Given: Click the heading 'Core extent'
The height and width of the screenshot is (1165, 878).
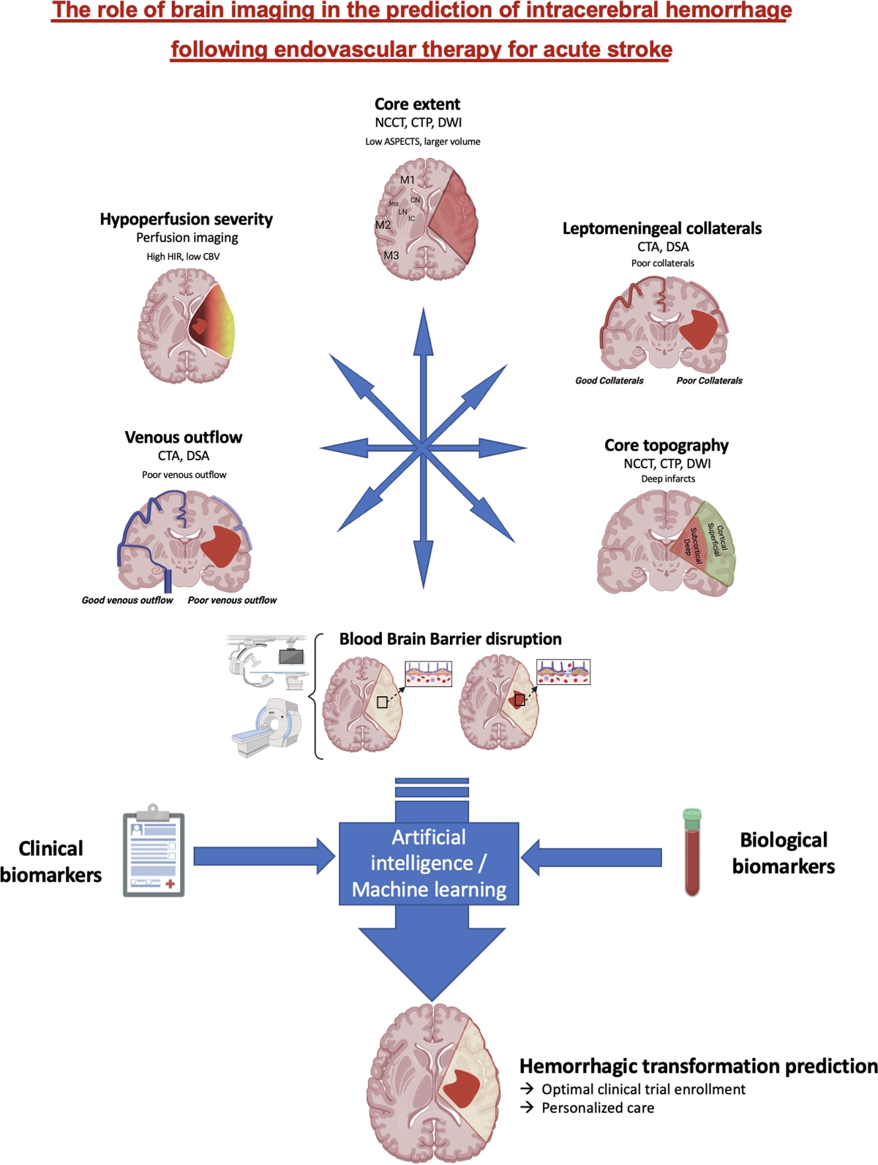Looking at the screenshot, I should [x=417, y=105].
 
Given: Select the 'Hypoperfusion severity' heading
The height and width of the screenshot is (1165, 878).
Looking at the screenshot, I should [x=186, y=220].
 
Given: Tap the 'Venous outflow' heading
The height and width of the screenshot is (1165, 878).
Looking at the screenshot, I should [x=183, y=438].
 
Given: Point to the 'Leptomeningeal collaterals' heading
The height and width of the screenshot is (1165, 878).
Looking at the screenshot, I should [x=661, y=228].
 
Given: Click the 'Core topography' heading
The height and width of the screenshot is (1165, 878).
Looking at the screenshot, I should [x=666, y=446].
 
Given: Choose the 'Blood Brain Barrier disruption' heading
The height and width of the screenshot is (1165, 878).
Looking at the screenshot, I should [x=450, y=639].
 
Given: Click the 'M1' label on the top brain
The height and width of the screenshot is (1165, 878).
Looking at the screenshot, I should [x=408, y=180].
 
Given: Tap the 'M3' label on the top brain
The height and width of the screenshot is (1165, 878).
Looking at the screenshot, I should [x=391, y=255].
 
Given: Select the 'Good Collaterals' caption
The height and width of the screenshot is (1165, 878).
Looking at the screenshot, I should [x=609, y=381].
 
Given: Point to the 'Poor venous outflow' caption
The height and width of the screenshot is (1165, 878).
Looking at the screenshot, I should [x=232, y=600].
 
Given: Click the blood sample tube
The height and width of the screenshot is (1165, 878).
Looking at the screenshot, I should [x=692, y=853].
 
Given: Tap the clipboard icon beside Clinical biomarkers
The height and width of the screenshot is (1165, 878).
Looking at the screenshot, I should [x=154, y=853].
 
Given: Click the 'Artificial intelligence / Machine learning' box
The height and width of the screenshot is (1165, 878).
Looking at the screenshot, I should [x=429, y=864].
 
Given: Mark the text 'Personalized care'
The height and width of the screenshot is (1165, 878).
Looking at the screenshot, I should [x=597, y=1108].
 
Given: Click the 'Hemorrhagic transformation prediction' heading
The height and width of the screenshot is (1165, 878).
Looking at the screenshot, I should [x=698, y=1066].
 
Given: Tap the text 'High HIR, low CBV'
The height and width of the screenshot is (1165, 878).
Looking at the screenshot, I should [x=183, y=257].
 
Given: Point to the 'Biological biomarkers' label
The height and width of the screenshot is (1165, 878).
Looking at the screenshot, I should [x=783, y=853].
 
